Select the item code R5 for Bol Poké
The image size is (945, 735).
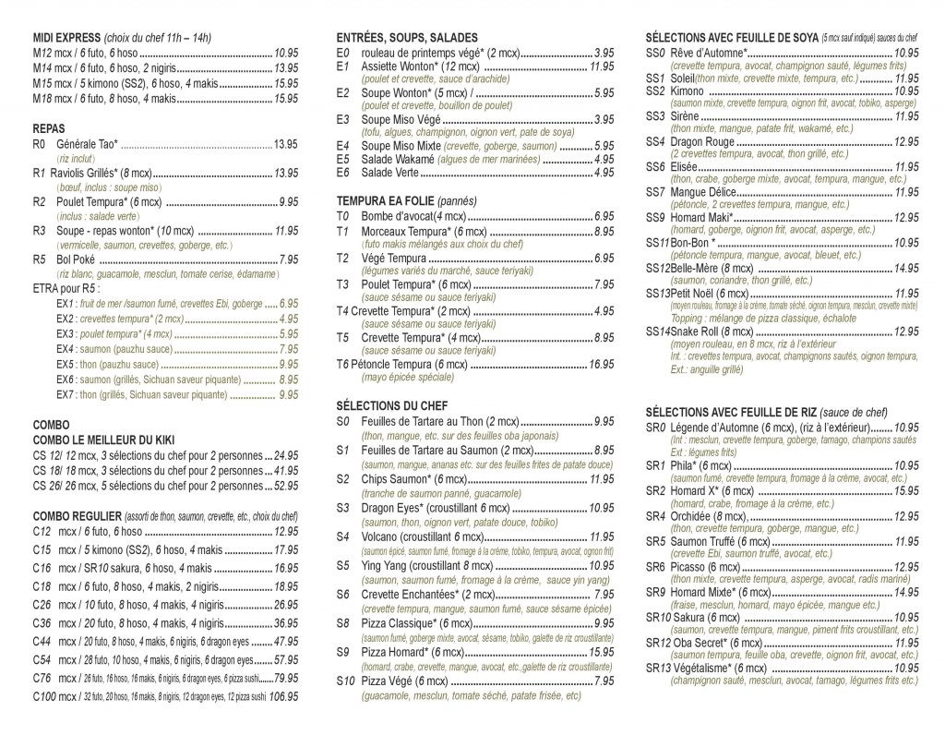[x=40, y=259]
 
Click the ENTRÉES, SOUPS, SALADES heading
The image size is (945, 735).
[x=407, y=38]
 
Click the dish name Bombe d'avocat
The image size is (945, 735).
[x=398, y=215]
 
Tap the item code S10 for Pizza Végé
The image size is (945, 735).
[x=344, y=681]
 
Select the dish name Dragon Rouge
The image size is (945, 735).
[x=702, y=142]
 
